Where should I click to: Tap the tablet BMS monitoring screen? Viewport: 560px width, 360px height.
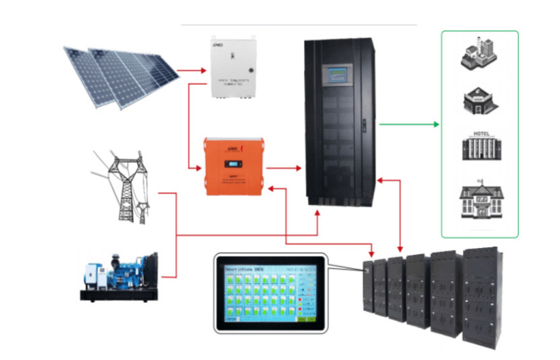[x=269, y=292]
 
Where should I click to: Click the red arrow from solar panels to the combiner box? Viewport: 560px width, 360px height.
[x=194, y=70]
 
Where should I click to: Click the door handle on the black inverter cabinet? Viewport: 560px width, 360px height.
[x=365, y=124]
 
